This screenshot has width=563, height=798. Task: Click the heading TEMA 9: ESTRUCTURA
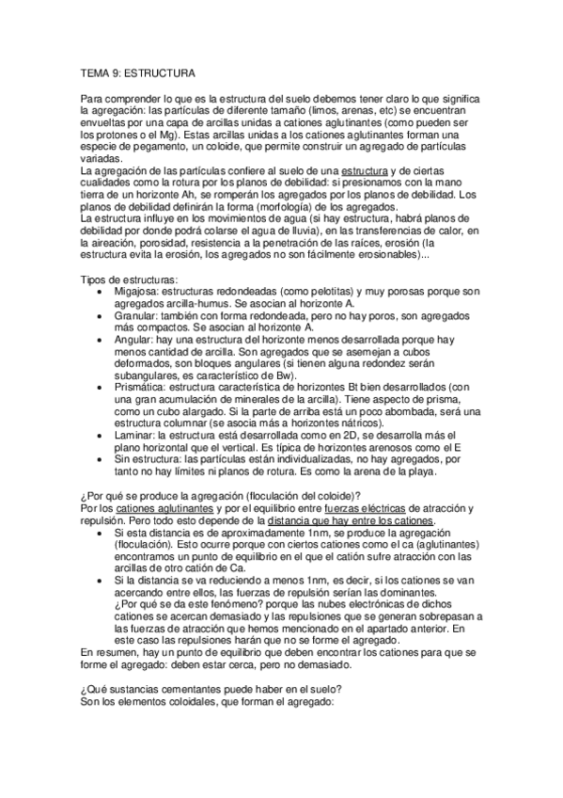point(137,72)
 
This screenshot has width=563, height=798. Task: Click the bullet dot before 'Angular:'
point(101,341)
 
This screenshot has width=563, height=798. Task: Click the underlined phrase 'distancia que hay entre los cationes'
point(352,522)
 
